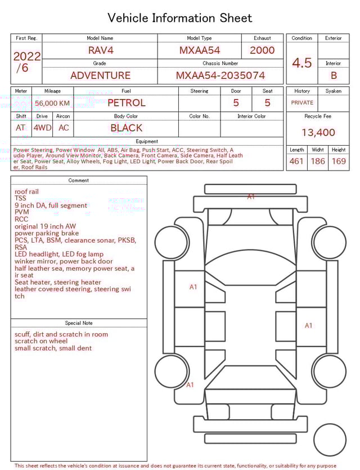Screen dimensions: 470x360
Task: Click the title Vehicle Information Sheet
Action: (x=180, y=18)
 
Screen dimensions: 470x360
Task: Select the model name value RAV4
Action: (x=101, y=50)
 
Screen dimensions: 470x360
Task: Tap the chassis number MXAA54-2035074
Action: (x=220, y=75)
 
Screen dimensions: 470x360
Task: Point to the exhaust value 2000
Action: (x=262, y=50)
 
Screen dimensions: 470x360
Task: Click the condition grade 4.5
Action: (x=302, y=62)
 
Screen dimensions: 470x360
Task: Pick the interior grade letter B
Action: (x=334, y=75)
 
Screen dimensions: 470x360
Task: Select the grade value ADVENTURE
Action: (x=100, y=75)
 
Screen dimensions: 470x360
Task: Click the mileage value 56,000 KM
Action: (x=52, y=103)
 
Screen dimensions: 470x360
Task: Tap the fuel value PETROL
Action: (x=126, y=102)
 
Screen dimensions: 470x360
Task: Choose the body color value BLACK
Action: (x=126, y=128)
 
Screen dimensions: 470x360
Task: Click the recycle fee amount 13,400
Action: (x=318, y=132)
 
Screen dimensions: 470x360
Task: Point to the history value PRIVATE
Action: (x=302, y=102)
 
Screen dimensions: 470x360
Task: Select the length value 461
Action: (x=296, y=161)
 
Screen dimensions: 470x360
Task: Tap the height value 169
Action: (x=339, y=161)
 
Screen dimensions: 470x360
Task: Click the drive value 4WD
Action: (x=42, y=128)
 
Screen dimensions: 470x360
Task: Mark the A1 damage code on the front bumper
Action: (x=251, y=196)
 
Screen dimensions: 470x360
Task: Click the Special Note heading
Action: (x=79, y=323)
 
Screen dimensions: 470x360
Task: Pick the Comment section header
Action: (x=79, y=181)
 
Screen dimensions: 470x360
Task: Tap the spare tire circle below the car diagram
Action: (x=330, y=440)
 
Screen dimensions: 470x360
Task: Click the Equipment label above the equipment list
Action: (x=147, y=141)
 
